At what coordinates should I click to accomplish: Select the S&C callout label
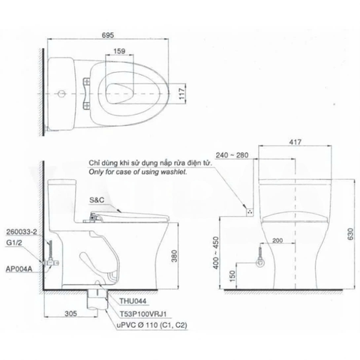[x=97, y=200]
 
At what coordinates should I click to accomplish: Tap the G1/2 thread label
[x=12, y=243]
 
